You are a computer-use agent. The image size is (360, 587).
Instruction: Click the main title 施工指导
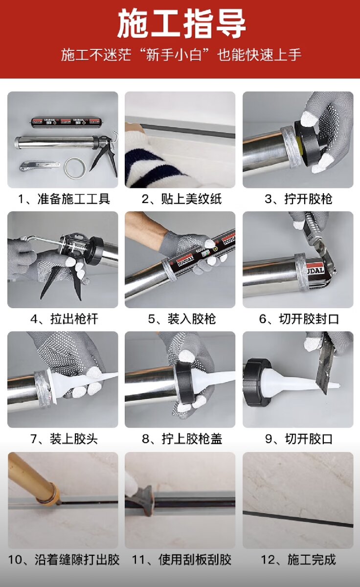click(181, 23)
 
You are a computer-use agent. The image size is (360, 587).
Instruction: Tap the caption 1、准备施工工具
click(64, 199)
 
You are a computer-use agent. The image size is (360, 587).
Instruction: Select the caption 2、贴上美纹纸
click(181, 199)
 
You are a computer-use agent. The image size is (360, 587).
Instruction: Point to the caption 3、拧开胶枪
click(298, 199)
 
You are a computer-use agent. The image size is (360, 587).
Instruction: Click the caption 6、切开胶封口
click(299, 319)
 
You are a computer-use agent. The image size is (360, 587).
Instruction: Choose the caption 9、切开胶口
click(299, 439)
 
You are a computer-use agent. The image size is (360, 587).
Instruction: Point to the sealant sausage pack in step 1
click(66, 122)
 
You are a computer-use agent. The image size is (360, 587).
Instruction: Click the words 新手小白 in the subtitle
click(174, 55)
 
